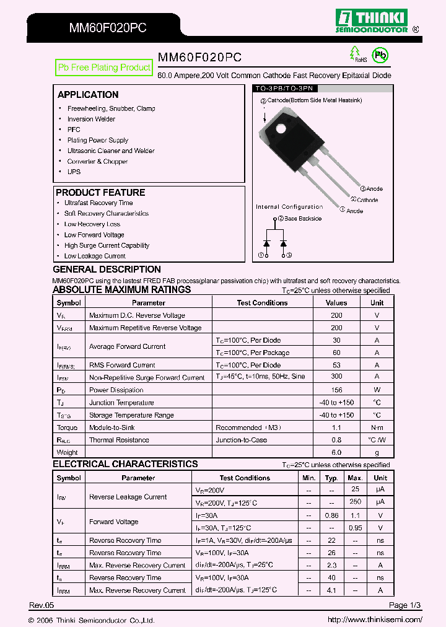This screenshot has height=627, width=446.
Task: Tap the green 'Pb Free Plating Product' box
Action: (104, 68)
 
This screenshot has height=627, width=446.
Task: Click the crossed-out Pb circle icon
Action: (380, 56)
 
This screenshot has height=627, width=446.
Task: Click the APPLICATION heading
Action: (88, 95)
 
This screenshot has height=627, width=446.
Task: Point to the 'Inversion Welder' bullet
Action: (91, 119)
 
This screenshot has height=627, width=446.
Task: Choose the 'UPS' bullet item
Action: (74, 172)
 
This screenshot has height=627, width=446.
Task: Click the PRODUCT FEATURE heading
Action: (100, 193)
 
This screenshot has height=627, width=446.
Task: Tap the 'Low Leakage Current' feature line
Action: (95, 256)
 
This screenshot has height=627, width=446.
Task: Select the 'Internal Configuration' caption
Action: (289, 207)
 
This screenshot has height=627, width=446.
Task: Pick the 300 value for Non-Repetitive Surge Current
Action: (336, 377)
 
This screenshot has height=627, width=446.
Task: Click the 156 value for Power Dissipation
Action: (336, 390)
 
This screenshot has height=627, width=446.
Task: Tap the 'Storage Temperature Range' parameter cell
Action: (131, 415)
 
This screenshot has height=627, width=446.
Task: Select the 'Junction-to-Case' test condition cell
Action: (242, 440)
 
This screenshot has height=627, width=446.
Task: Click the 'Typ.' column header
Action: (332, 478)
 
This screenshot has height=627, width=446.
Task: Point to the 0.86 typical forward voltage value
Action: (332, 515)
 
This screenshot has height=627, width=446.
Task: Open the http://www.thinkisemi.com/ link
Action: (375, 620)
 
